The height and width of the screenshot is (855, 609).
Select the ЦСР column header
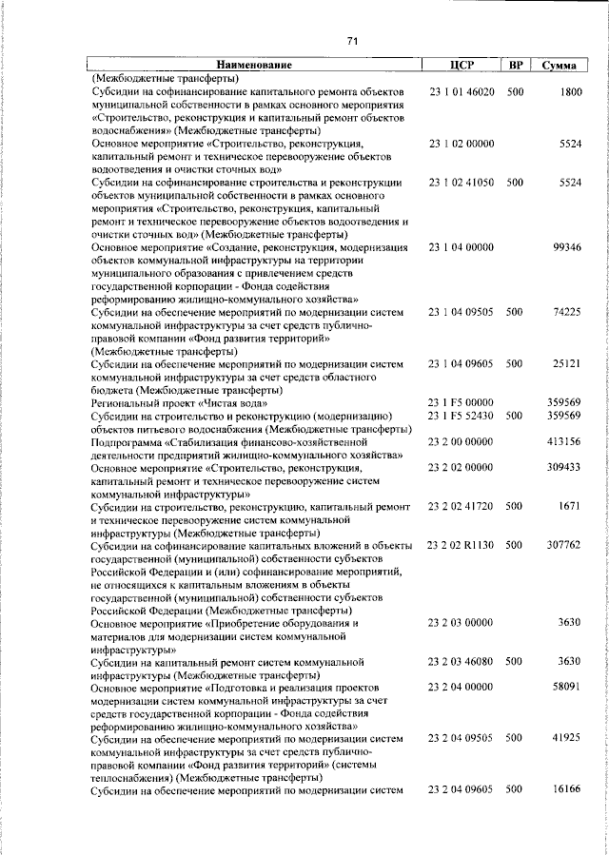461,66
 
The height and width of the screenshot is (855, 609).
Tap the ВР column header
516,66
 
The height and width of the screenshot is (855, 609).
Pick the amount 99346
566,246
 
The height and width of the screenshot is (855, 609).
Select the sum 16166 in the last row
566,789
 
